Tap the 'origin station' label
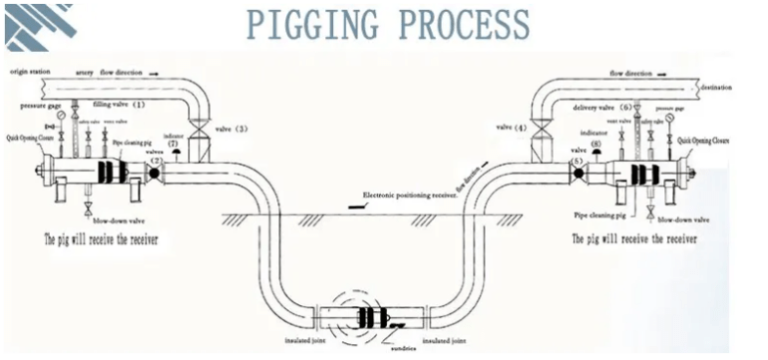31,73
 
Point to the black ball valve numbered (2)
156,174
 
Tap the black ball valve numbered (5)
576,174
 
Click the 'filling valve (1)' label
119,103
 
